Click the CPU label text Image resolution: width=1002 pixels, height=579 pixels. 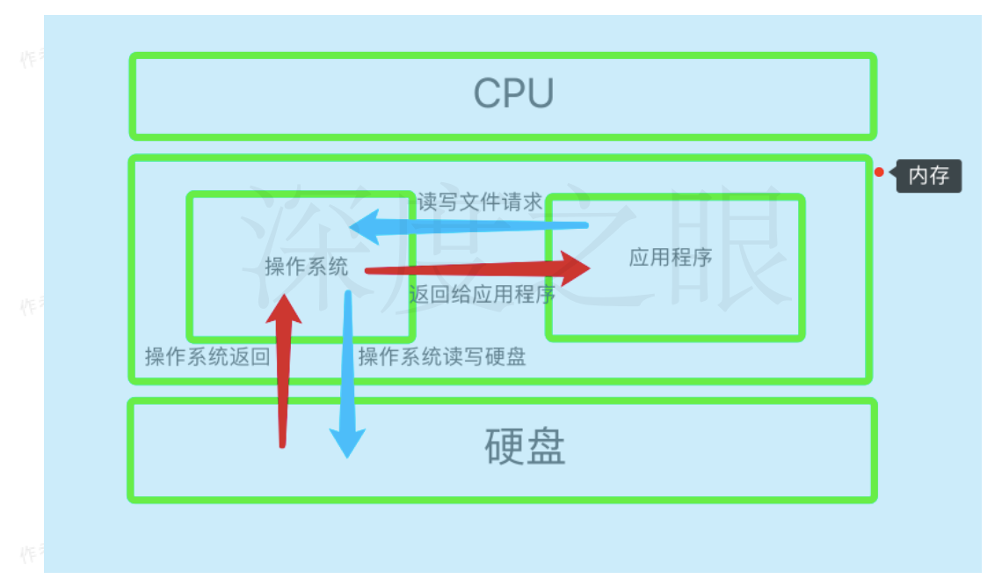click(x=513, y=93)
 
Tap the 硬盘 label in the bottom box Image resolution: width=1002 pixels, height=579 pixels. click(x=525, y=447)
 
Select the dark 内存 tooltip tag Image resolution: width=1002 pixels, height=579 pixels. click(x=928, y=176)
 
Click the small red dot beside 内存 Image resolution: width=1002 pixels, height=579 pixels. click(x=879, y=172)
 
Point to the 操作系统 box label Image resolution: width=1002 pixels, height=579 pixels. click(x=307, y=267)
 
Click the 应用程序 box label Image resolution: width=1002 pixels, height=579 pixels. click(x=671, y=257)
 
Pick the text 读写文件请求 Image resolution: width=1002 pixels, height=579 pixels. click(x=480, y=202)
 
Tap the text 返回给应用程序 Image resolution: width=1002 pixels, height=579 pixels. click(x=482, y=294)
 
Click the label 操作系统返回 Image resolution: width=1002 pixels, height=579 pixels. click(x=207, y=356)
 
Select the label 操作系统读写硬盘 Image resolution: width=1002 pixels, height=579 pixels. click(x=442, y=356)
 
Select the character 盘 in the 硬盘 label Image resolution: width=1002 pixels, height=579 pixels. click(x=546, y=447)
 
